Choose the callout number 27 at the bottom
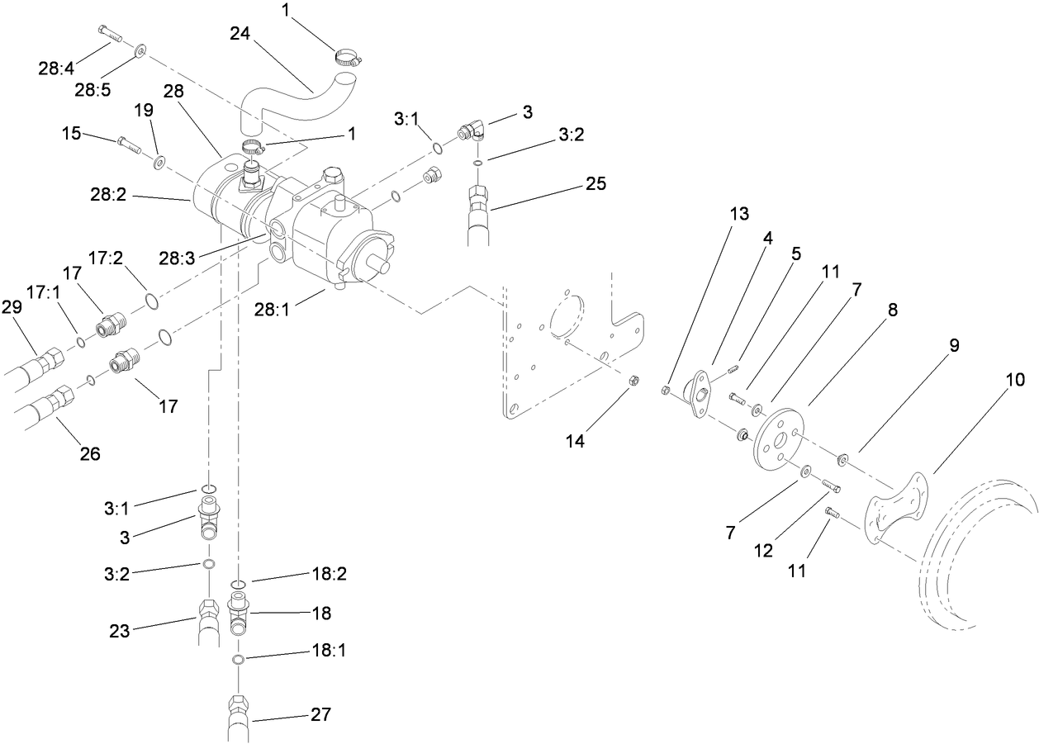tap(321, 714)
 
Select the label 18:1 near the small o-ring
tap(330, 651)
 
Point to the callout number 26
tap(89, 453)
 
